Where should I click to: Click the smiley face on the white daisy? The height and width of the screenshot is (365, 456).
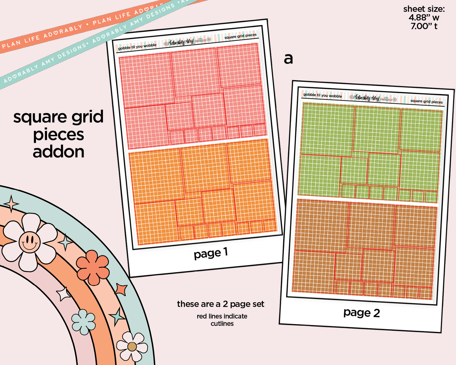tap(29, 242)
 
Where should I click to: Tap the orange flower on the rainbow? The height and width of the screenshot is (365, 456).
tap(92, 267)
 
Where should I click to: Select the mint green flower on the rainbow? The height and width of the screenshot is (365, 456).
tap(83, 322)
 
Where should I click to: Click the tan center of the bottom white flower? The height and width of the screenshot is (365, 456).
tap(132, 347)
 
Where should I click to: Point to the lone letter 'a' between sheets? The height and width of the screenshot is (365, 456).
tap(288, 59)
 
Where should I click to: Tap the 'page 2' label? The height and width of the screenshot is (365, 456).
tap(362, 313)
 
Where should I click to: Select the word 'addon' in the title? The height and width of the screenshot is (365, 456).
tap(59, 152)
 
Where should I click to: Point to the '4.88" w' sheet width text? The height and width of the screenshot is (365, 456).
tap(424, 18)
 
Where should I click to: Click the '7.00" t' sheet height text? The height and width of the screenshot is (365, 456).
tap(424, 26)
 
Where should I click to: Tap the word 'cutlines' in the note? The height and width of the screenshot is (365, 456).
tap(222, 324)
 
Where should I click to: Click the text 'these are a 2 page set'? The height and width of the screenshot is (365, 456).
tap(221, 304)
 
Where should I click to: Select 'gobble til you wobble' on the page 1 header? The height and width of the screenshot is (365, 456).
tap(137, 47)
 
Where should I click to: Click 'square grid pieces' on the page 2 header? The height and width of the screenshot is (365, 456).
tap(426, 101)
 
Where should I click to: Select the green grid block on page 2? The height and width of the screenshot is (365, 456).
tap(369, 152)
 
